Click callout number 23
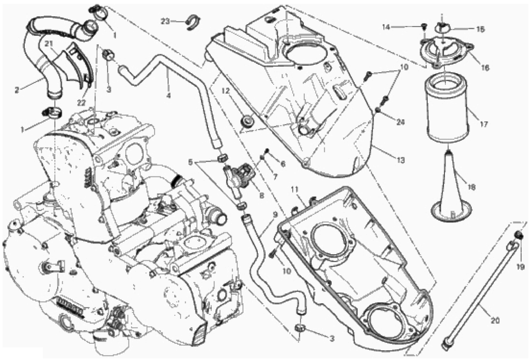click(165, 21)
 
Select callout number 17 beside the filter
click(484, 124)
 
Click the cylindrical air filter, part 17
click(447, 110)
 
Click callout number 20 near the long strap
click(495, 320)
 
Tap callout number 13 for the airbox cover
click(401, 160)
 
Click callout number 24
click(401, 122)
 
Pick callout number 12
click(226, 91)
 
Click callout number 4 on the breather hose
click(168, 95)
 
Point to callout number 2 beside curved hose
click(17, 90)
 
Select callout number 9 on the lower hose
click(275, 215)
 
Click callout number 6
click(283, 164)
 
